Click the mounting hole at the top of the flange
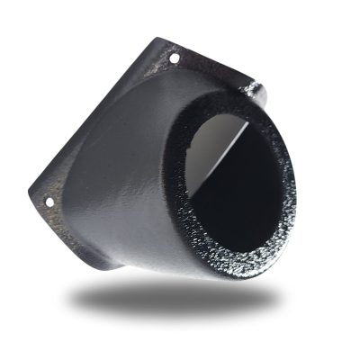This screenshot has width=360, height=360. tap(174, 58)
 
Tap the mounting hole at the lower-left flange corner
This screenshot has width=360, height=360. tap(49, 202)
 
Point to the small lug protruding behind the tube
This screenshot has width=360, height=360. tap(253, 89)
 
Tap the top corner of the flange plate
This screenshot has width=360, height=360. tap(162, 40)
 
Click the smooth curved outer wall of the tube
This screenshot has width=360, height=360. tap(126, 171)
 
